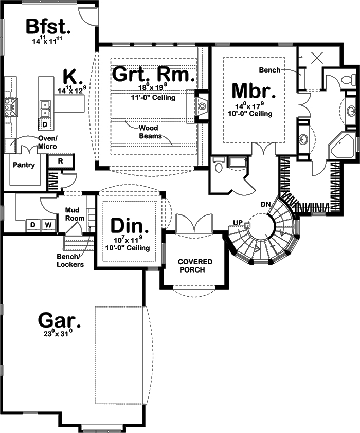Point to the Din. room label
coord(130,226)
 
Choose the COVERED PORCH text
coord(195,266)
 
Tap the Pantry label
coord(25,165)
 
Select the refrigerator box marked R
coord(61,161)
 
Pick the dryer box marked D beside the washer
coord(33,225)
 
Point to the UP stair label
coord(238,222)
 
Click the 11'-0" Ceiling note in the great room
coord(153,97)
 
